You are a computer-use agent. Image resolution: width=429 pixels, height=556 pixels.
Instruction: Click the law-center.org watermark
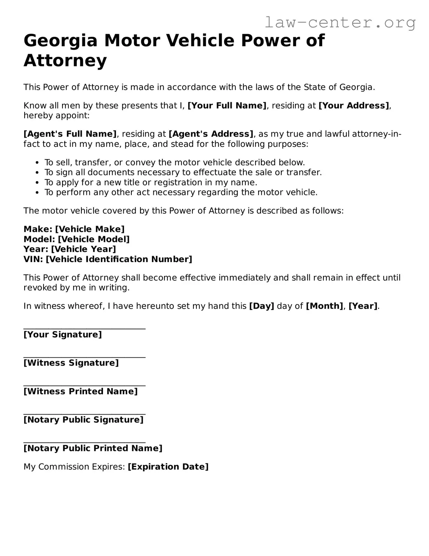point(340,23)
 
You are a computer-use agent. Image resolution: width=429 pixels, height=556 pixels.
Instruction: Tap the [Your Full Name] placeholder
point(227,106)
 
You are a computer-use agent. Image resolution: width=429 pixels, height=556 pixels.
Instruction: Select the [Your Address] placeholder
point(354,106)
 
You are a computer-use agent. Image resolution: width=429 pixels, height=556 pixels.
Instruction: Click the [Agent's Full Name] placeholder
point(70,134)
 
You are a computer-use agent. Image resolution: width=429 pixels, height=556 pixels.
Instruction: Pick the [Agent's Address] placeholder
point(211,134)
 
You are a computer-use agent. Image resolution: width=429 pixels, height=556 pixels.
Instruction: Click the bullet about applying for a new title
point(151,182)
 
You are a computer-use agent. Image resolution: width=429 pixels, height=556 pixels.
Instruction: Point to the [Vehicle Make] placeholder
point(90,229)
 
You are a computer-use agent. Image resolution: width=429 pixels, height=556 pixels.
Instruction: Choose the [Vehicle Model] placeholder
point(94,239)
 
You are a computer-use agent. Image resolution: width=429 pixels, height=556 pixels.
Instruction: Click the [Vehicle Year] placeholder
point(83,249)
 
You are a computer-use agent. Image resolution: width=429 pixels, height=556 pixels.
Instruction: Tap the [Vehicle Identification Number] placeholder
point(119,259)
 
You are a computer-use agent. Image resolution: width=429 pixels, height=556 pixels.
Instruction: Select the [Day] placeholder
point(261,306)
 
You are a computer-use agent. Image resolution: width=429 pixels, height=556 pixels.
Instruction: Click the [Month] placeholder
point(324,306)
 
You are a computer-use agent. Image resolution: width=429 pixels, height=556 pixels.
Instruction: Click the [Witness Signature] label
point(71,363)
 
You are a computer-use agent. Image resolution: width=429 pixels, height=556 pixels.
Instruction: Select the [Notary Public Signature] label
point(83,420)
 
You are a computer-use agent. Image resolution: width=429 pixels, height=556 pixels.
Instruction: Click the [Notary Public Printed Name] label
point(93,448)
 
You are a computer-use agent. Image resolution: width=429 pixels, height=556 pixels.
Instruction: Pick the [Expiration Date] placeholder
point(168,467)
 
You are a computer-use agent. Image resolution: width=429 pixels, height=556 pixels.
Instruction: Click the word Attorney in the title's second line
point(65,61)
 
